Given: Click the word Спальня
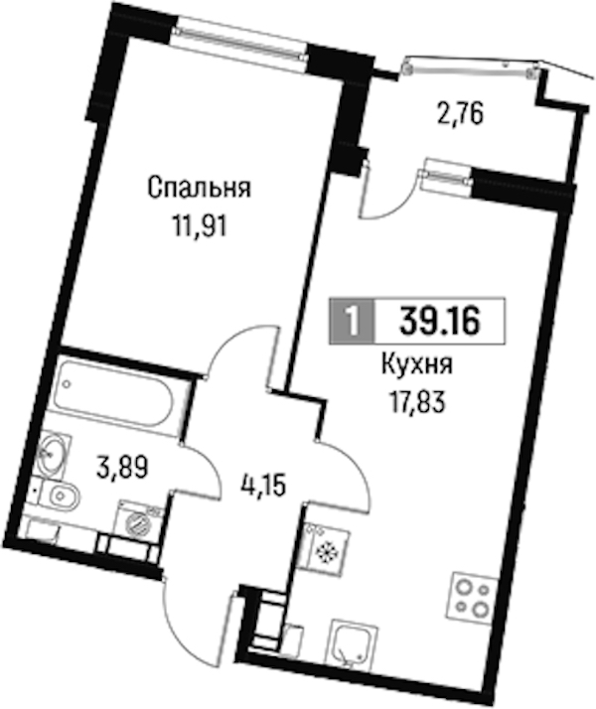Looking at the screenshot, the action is [x=199, y=189].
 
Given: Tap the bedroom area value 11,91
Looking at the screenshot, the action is [x=199, y=226].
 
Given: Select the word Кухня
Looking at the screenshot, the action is [x=417, y=365].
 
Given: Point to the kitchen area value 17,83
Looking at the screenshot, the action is [x=417, y=401].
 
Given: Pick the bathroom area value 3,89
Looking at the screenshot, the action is [x=122, y=468].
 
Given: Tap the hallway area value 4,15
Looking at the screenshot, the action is [x=262, y=487].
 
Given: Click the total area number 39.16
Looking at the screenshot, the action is [x=439, y=321].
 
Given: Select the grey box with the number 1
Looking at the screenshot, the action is [x=353, y=321].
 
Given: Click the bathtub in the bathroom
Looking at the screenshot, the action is [x=114, y=397].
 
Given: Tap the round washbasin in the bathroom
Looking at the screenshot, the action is [x=54, y=455].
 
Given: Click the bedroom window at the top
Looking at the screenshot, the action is [x=241, y=43].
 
